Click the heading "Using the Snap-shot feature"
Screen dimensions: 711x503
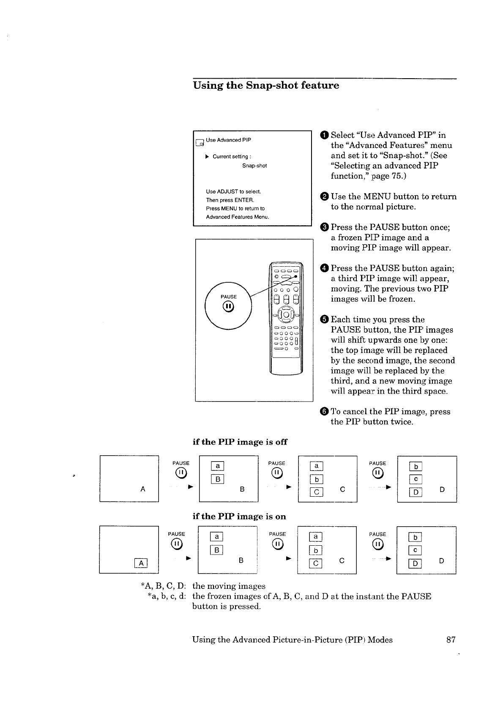pos(266,85)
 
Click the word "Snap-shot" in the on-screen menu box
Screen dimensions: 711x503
pos(254,166)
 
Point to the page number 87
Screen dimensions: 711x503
pos(451,640)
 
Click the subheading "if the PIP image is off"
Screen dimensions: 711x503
pos(240,442)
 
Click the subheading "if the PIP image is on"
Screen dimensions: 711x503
pos(239,517)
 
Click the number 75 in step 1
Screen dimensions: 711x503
pos(397,176)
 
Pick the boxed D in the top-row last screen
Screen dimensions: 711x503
pos(416,492)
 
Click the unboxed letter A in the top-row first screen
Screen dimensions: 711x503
pos(142,489)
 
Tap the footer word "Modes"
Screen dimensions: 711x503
pos(380,640)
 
